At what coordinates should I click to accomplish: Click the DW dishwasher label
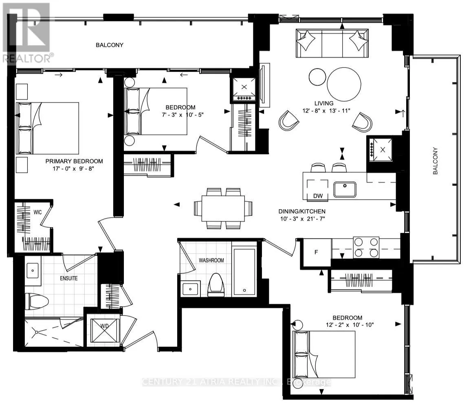click(x=318, y=196)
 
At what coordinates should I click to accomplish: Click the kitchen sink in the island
click(x=345, y=189)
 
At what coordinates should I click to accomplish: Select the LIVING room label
click(x=324, y=103)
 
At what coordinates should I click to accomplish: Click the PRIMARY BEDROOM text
click(x=74, y=161)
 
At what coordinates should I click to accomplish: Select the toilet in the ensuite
click(x=37, y=301)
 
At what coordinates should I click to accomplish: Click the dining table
click(x=223, y=208)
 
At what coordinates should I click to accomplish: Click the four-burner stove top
click(x=365, y=247)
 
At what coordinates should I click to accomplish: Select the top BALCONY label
click(x=110, y=45)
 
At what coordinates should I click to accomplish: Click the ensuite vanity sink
click(x=33, y=270)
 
